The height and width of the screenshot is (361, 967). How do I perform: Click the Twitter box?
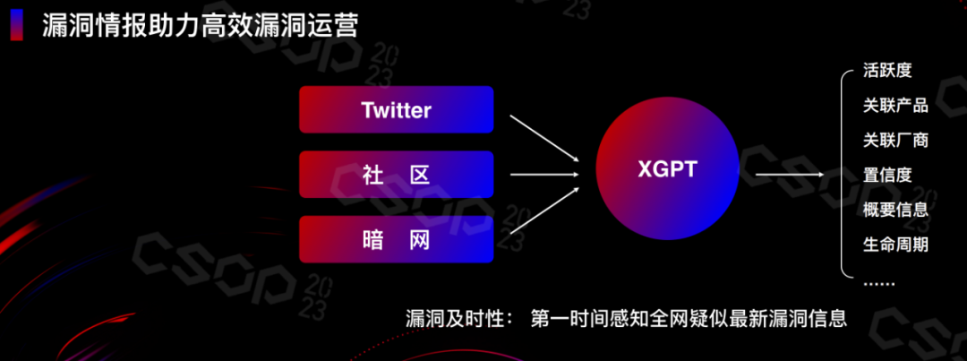coord(396,110)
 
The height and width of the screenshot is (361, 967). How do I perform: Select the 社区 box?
coord(396,175)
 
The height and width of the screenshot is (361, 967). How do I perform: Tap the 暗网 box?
coord(396,239)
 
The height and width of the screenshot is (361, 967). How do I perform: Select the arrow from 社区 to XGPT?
coord(543,175)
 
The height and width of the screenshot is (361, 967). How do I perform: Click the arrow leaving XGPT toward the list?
coord(788,175)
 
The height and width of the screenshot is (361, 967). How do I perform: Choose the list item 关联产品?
coord(895,106)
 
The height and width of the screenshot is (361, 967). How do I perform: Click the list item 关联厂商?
coord(895,140)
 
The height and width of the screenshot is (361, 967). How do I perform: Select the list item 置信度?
coord(887,175)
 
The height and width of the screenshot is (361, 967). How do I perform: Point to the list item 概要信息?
coord(895,210)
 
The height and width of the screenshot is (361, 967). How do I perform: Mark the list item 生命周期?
coord(895,244)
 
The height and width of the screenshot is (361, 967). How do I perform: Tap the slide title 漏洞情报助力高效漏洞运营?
coord(201,24)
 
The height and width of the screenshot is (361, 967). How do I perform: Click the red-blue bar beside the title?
coord(16,24)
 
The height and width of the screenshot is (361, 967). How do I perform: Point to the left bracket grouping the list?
coord(843,175)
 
